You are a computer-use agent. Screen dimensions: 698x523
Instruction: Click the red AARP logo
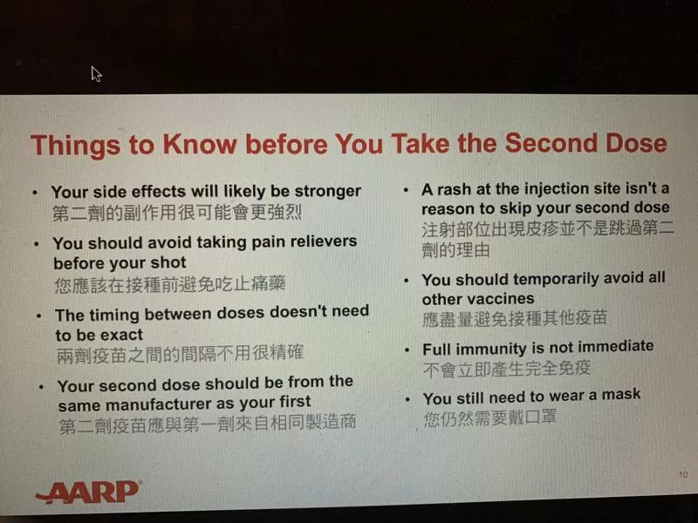click(x=88, y=492)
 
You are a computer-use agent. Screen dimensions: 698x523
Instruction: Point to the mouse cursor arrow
click(x=96, y=74)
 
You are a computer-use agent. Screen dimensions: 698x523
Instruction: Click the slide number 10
click(x=683, y=474)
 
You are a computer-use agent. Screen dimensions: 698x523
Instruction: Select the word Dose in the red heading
click(x=637, y=143)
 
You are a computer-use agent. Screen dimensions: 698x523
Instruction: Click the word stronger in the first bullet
click(x=328, y=191)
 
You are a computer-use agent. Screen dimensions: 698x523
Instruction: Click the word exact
click(x=121, y=335)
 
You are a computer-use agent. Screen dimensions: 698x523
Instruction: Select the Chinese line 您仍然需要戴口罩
click(x=489, y=418)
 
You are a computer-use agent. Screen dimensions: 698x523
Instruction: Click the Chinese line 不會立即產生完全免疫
click(x=507, y=369)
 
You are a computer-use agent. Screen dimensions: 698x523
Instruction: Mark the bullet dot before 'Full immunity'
click(x=407, y=350)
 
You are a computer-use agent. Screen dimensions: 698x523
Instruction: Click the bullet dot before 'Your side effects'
click(x=35, y=193)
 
